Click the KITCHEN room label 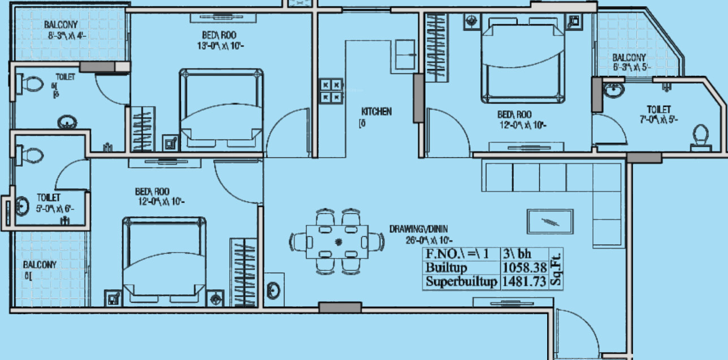tap(376, 112)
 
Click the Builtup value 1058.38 tap(524, 267)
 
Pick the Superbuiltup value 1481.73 tap(524, 281)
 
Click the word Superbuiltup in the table tap(461, 281)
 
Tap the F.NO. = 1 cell tap(461, 254)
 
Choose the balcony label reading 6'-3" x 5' tap(629, 62)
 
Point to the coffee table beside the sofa tap(550, 222)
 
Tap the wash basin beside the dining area tap(274, 290)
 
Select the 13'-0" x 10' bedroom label tap(211, 40)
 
